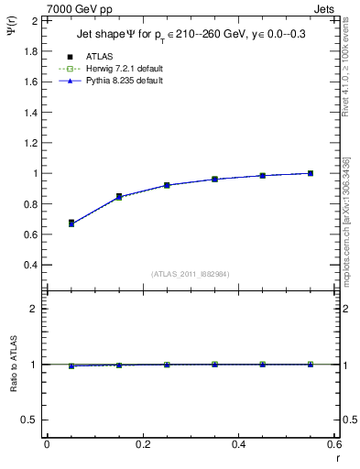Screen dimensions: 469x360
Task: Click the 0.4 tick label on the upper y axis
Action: tap(29, 265)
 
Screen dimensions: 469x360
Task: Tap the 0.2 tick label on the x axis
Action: tap(142, 444)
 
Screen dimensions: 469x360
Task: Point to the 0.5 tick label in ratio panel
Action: tap(29, 420)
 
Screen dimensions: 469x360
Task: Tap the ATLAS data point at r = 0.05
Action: tap(71, 223)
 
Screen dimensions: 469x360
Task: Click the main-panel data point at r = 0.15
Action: tap(119, 196)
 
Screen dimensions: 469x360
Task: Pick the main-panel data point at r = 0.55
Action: tap(311, 173)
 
